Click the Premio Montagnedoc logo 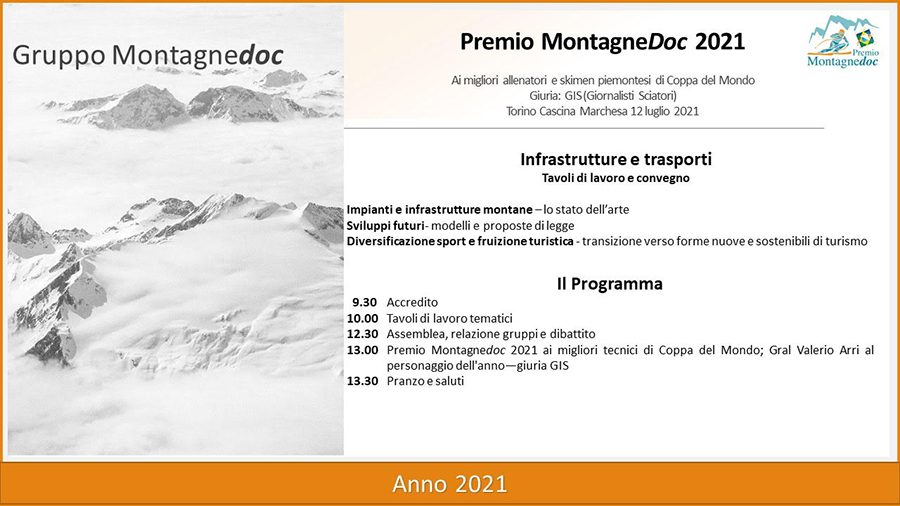[x=843, y=41]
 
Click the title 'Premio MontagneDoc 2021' [x=602, y=41]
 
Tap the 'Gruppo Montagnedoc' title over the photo [x=148, y=56]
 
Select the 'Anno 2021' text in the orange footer [x=449, y=484]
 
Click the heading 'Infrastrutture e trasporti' [x=616, y=159]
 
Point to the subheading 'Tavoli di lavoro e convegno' [x=615, y=178]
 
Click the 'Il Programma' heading [x=610, y=283]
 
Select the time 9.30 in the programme [x=364, y=302]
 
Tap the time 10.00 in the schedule [x=362, y=318]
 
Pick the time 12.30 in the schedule [x=362, y=334]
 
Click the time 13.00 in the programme [x=362, y=350]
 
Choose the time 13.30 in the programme [x=362, y=381]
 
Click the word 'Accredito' [x=412, y=302]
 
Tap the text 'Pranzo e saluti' [x=425, y=381]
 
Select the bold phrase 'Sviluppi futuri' [x=385, y=225]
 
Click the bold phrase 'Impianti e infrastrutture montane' [x=439, y=210]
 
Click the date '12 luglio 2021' [x=665, y=111]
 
